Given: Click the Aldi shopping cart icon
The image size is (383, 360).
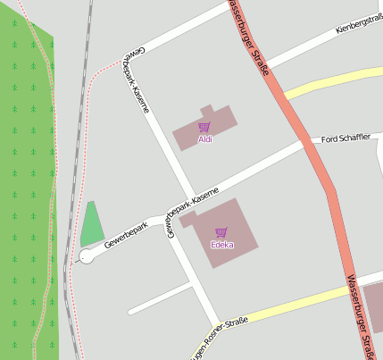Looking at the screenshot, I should pos(204,128).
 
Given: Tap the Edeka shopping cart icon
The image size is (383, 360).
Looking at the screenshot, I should pos(221,232).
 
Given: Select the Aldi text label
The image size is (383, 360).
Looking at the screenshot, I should pos(205,140).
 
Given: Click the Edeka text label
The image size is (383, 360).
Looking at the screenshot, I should pos(221,245).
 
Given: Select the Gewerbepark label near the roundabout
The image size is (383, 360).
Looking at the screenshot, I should pos(125,234).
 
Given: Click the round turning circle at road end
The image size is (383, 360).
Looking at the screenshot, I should pos(87,256).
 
